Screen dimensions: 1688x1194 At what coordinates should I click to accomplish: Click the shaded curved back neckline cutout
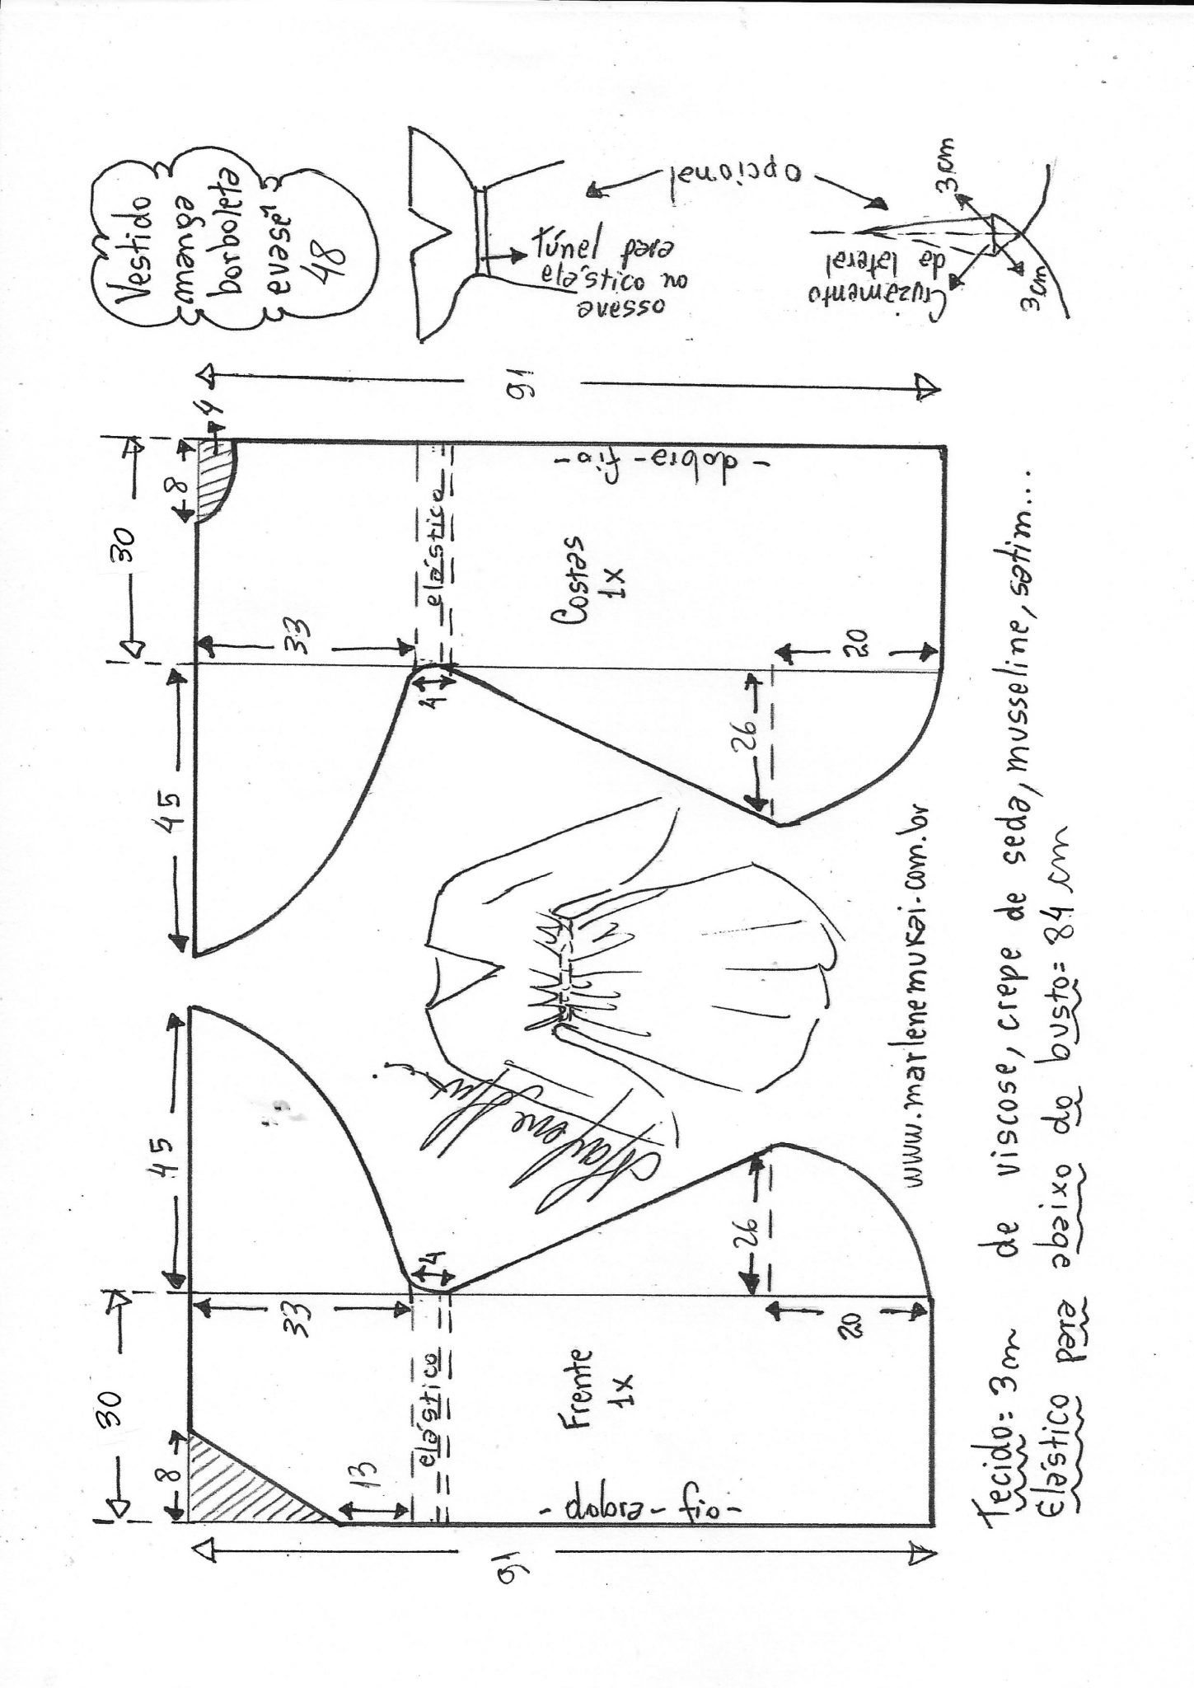click(216, 484)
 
